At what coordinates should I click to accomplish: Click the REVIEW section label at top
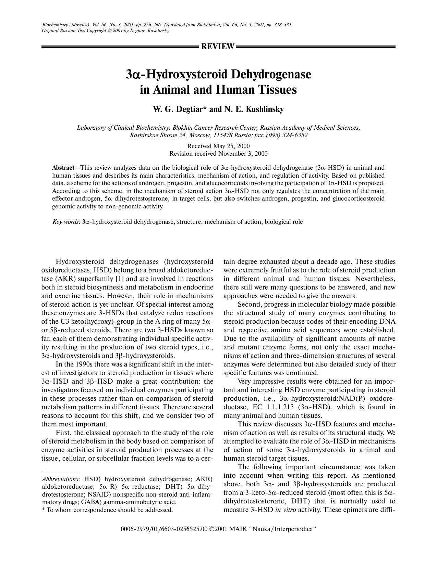point(218,47)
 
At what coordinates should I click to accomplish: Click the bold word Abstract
point(63,168)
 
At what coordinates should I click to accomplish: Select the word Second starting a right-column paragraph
point(250,305)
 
